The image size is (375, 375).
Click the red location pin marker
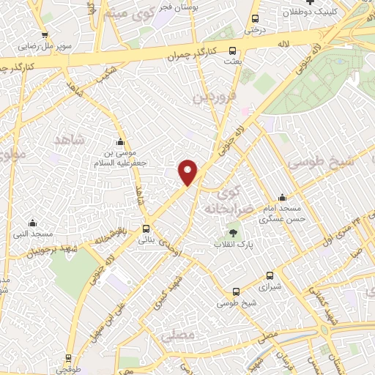pos(189,172)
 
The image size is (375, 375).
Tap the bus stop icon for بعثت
pos(233,51)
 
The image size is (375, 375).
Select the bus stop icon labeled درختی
pos(255,19)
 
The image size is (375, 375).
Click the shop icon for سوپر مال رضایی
pos(45,34)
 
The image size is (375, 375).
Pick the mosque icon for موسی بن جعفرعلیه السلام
pos(119,141)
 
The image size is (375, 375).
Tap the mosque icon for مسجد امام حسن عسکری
pos(282,198)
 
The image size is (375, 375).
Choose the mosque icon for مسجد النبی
pos(31,223)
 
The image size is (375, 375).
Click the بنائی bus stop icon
pos(146,229)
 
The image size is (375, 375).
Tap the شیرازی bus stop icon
pos(270,276)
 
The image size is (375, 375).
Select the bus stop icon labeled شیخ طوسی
pos(225,291)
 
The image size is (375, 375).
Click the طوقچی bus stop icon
pos(69,360)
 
